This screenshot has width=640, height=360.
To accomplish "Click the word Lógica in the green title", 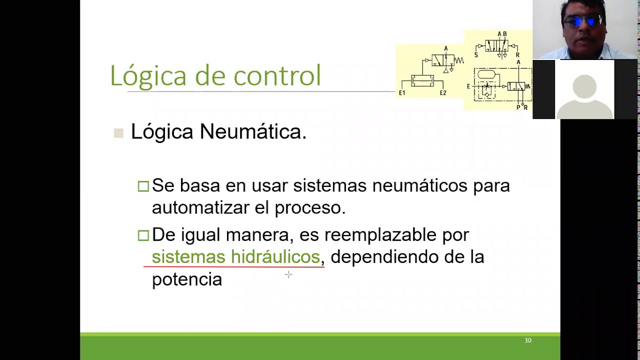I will click(x=148, y=76).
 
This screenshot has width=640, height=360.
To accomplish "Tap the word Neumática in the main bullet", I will click(x=252, y=132).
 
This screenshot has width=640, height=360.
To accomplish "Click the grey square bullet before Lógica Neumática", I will click(x=118, y=133).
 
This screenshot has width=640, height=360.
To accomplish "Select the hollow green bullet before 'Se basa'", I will click(x=143, y=186).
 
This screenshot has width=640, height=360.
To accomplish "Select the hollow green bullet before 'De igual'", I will click(x=143, y=235).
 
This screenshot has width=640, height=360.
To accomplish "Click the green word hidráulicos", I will click(x=275, y=257).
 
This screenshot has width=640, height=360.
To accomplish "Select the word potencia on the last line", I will click(x=186, y=279).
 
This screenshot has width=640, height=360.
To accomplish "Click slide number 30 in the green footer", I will click(x=528, y=340).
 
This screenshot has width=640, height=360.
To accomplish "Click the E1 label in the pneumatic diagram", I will click(x=402, y=93).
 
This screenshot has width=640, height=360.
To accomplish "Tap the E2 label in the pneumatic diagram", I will click(x=443, y=93).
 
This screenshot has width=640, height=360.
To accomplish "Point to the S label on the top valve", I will click(x=476, y=55).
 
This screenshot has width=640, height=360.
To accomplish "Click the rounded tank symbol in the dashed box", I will click(x=486, y=74).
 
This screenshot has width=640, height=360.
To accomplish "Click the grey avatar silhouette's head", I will click(x=584, y=85).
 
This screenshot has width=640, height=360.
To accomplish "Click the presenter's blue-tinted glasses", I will click(x=582, y=21).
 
